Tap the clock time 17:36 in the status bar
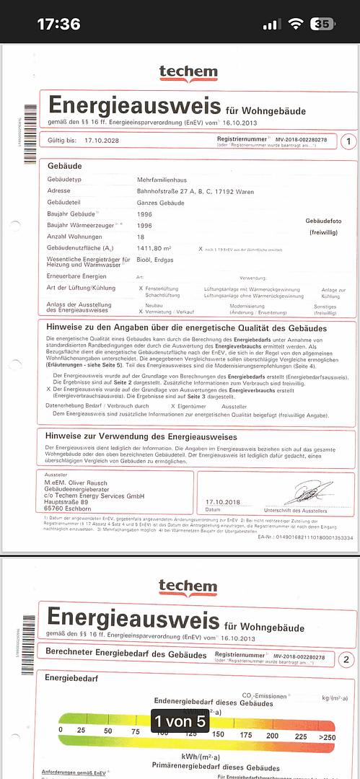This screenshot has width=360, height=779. coord(58,24)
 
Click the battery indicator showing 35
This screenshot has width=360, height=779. coord(321,24)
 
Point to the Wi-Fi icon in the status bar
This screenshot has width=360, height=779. coord(294,24)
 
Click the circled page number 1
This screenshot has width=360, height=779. coord(348,141)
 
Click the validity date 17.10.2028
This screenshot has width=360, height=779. coord(100,141)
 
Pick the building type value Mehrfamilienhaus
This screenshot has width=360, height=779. coord(162,178)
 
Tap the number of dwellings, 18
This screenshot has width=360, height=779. coord(141,237)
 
